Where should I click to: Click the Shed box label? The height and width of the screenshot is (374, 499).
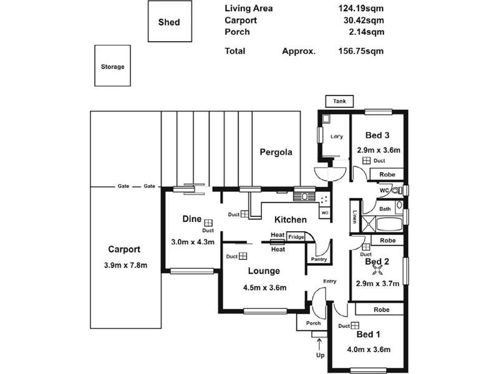point(168,22)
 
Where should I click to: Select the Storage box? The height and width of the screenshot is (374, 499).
point(112,66)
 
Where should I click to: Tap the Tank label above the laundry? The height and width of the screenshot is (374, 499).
point(339,102)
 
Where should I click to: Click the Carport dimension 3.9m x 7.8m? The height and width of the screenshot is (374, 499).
point(126,266)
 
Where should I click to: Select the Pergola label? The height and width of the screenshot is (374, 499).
point(276,152)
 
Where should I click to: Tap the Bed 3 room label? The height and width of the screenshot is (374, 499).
point(377,135)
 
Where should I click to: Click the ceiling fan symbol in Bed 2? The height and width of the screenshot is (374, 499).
point(377,269)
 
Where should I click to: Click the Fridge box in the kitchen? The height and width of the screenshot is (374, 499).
point(296,237)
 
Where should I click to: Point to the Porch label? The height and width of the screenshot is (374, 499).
point(313,323)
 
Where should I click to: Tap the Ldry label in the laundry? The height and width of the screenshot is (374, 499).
point(336,137)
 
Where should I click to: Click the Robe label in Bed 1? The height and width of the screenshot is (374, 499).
point(382,309)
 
